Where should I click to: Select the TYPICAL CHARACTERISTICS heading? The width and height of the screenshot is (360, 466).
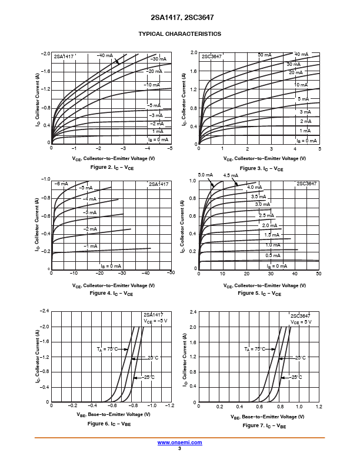179,34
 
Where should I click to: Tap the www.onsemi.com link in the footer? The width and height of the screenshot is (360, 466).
179,442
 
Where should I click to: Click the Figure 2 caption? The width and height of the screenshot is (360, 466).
112,168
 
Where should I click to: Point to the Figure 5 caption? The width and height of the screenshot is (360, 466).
259,293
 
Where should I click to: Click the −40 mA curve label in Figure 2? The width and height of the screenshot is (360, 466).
105,55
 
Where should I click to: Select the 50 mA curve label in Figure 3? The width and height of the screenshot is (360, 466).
264,55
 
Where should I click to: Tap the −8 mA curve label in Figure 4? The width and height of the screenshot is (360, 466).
61,184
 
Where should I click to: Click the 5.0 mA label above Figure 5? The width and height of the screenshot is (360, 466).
205,175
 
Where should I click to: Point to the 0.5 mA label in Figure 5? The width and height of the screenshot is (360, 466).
273,255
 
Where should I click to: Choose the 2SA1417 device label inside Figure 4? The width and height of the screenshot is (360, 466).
158,184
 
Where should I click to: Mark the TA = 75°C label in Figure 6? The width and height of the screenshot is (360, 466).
107,349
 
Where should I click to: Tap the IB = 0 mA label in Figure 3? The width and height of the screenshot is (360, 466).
306,141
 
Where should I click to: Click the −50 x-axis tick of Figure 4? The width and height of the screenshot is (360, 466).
170,273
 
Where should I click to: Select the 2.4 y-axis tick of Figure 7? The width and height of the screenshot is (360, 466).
192,311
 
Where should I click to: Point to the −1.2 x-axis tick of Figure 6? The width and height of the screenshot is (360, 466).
170,406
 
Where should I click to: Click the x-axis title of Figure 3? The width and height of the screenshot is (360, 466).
259,159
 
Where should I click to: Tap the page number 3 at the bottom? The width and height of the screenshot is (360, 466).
179,448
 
